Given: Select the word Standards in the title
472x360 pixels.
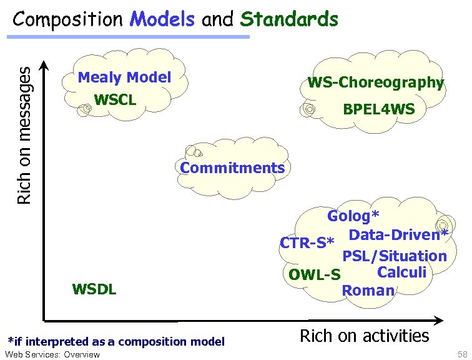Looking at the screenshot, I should coord(289,19).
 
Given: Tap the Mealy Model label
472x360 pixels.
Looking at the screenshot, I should coord(124,77).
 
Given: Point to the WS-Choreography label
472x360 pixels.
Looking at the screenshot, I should coord(375,82).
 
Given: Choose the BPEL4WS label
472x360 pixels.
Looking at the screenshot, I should coord(378,110).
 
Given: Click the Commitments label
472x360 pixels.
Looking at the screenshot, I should coord(232,167).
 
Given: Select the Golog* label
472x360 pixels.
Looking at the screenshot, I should coord(353,216).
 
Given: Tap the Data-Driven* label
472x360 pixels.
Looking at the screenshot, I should coord(398,235).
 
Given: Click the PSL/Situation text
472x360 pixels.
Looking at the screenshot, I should coord(394,256).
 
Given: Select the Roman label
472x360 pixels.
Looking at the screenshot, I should coord(368,290).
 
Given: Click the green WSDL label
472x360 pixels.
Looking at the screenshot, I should coord(94,289).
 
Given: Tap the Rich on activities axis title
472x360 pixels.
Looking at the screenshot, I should coord(364,336).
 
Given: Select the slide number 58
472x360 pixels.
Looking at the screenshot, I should coord(462,354).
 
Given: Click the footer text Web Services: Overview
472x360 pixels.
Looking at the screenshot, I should coord(52,354).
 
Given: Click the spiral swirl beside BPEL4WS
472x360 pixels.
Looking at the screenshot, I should coord(308,111).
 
